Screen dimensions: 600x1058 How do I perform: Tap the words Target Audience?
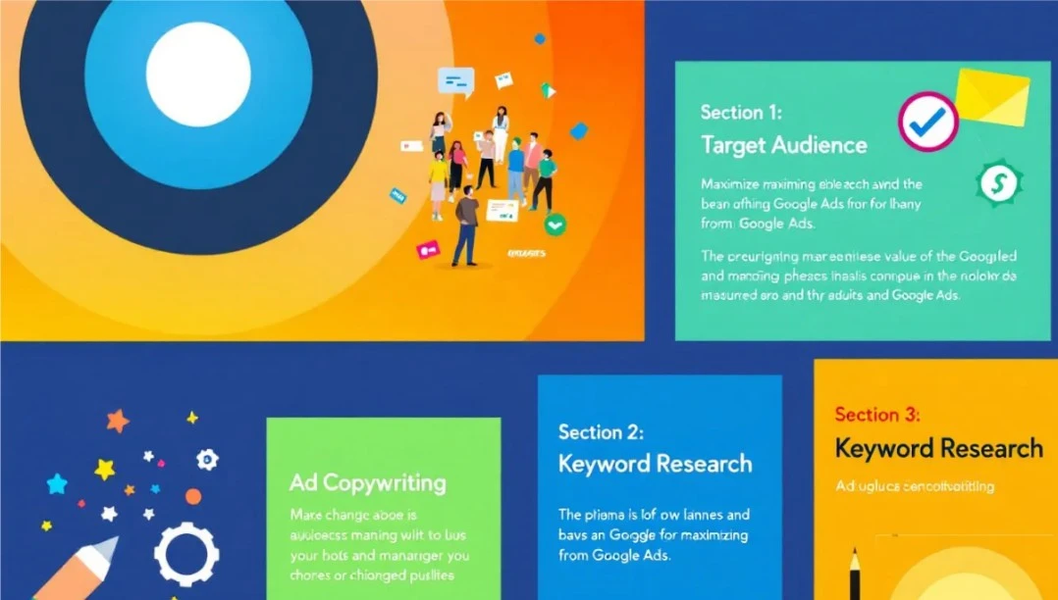pyautogui.click(x=783, y=145)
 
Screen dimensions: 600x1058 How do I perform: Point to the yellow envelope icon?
pyautogui.click(x=992, y=96)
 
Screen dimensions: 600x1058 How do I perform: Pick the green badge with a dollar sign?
pyautogui.click(x=999, y=182)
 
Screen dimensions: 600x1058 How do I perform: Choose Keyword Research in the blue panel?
pyautogui.click(x=655, y=464)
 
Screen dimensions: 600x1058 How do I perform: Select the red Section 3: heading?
pyautogui.click(x=876, y=414)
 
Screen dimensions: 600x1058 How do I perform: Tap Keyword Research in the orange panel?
pyautogui.click(x=938, y=449)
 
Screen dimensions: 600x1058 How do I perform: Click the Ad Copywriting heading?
pyautogui.click(x=367, y=482)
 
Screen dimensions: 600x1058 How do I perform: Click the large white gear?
pyautogui.click(x=186, y=553)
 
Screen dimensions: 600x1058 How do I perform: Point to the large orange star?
pyautogui.click(x=118, y=422)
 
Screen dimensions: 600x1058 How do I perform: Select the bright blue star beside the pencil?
pyautogui.click(x=57, y=483)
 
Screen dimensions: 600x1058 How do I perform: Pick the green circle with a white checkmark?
pyautogui.click(x=555, y=225)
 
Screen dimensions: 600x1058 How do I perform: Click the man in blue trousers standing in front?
pyautogui.click(x=467, y=224)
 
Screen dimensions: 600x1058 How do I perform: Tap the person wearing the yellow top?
pyautogui.click(x=439, y=177)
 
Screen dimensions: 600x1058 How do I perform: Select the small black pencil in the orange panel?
pyautogui.click(x=856, y=574)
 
